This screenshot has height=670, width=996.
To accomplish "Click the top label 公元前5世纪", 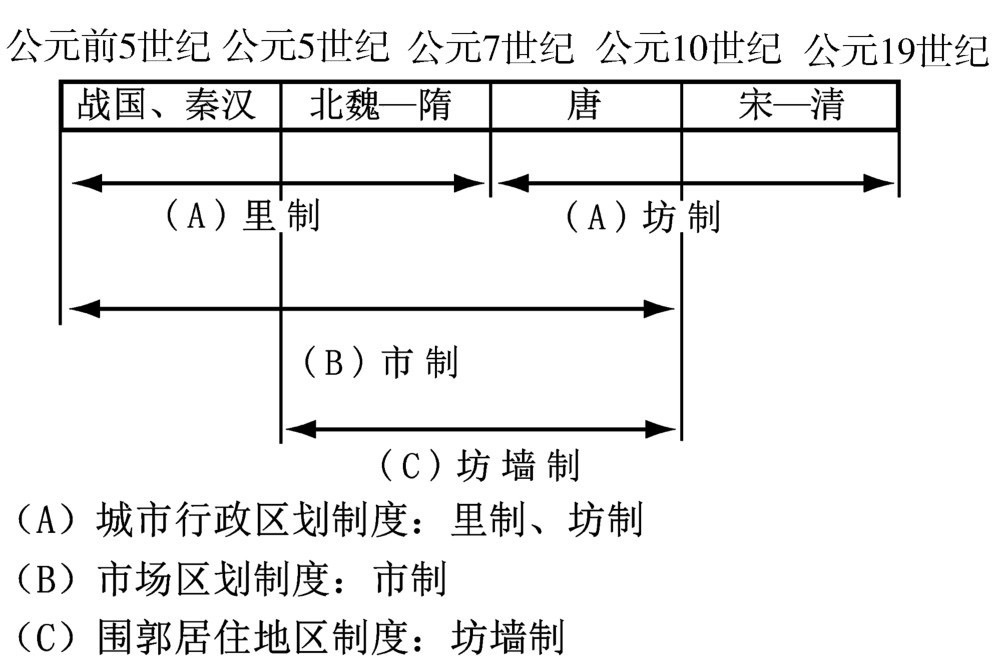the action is [108, 46].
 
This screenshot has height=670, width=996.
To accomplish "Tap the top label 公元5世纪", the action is [306, 46].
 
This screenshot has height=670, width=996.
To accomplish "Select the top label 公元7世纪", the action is [491, 46].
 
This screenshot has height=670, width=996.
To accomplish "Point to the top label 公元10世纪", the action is [689, 46].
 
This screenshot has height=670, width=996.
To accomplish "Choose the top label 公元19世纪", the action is [896, 48].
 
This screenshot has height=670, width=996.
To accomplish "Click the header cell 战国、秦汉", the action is [166, 105].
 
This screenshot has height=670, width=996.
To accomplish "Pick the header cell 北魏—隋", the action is [380, 105].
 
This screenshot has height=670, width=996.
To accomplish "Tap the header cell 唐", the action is [584, 105].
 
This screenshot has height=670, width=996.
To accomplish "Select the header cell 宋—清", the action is [791, 105].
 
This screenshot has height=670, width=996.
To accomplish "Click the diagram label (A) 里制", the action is [241, 216].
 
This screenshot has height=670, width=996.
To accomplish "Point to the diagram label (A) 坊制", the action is [642, 217].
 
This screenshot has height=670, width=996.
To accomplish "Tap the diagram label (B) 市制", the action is [380, 362].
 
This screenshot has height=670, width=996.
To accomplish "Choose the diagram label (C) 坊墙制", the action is [479, 466].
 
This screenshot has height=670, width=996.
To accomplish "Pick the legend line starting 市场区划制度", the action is [230, 578].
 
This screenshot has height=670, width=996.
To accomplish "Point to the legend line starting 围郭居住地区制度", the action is [289, 637].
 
